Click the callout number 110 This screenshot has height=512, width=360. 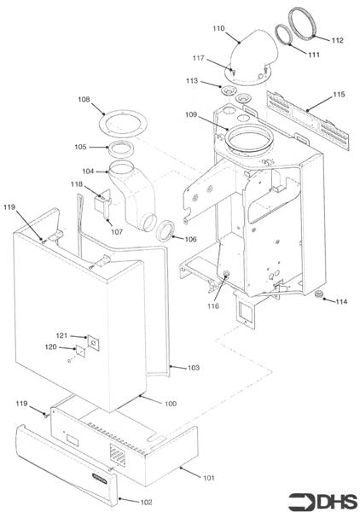click(x=218, y=28)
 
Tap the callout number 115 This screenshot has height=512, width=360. click(x=339, y=94)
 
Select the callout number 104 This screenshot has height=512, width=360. click(x=89, y=172)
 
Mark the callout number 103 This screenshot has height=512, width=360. click(x=193, y=368)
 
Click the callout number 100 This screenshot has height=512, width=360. click(x=170, y=402)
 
